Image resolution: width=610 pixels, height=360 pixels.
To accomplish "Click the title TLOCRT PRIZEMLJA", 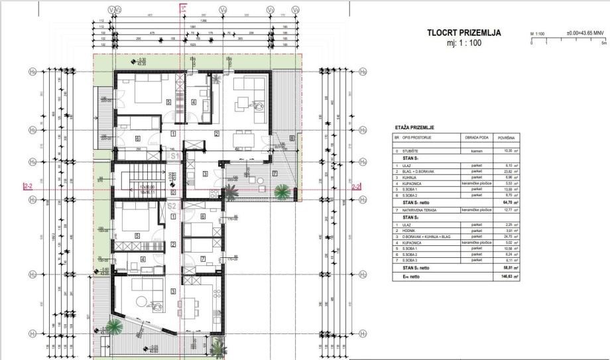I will pyautogui.click(x=463, y=32).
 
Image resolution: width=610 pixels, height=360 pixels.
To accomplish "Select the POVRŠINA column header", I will pyautogui.click(x=507, y=138).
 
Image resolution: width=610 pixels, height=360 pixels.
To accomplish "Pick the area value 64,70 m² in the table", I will pyautogui.click(x=508, y=202).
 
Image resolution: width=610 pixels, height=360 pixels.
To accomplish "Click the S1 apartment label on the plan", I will pyautogui.click(x=174, y=156).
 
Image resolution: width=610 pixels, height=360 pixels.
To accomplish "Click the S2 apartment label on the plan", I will pyautogui.click(x=171, y=207).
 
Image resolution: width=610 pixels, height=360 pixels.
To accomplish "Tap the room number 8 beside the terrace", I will pyautogui.click(x=292, y=139).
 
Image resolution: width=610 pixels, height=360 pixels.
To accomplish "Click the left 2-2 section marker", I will pyautogui.click(x=27, y=187).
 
